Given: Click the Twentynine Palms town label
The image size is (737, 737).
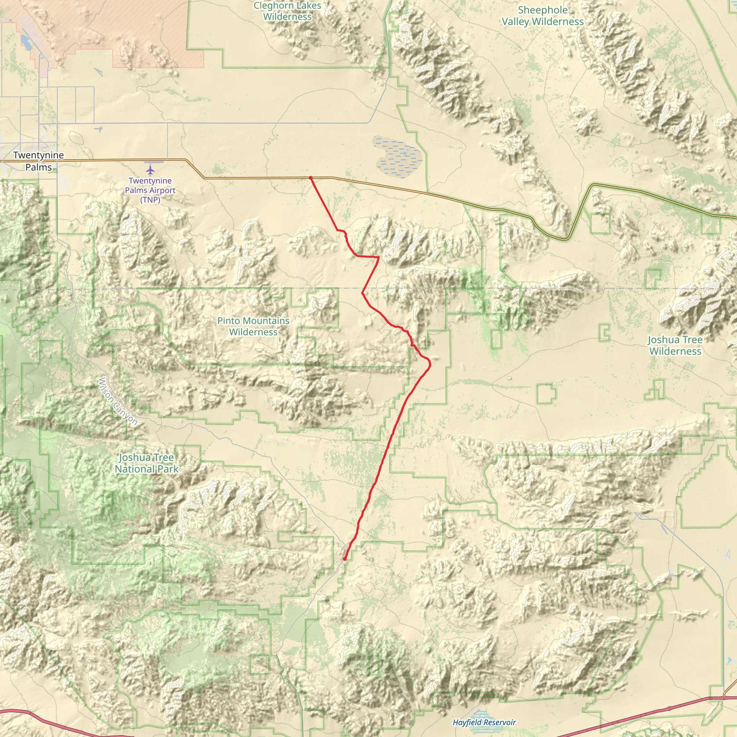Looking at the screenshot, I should (x=39, y=161).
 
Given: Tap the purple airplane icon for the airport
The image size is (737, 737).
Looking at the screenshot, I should (x=150, y=169).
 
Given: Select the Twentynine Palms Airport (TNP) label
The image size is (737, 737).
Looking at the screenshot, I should (x=150, y=190).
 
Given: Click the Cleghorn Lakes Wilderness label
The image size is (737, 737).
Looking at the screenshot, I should (x=288, y=11).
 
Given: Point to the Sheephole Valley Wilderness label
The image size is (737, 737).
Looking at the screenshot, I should (x=542, y=15).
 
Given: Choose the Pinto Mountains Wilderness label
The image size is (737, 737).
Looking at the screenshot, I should (x=253, y=326).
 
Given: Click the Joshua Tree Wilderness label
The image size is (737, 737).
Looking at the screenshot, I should (x=675, y=345).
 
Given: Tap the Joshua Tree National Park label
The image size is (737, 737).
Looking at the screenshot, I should (x=146, y=463).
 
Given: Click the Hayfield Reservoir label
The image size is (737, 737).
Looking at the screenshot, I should (x=484, y=722).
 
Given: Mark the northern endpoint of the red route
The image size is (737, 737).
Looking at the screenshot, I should (x=311, y=178).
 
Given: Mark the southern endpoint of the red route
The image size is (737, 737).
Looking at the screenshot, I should (x=344, y=559).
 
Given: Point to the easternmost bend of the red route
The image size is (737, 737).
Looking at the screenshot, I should (x=430, y=364).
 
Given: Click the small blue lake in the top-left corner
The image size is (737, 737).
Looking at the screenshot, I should (x=26, y=42).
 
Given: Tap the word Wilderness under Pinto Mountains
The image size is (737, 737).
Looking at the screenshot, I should (x=253, y=332).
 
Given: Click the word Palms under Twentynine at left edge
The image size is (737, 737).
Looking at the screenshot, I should (x=39, y=167).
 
